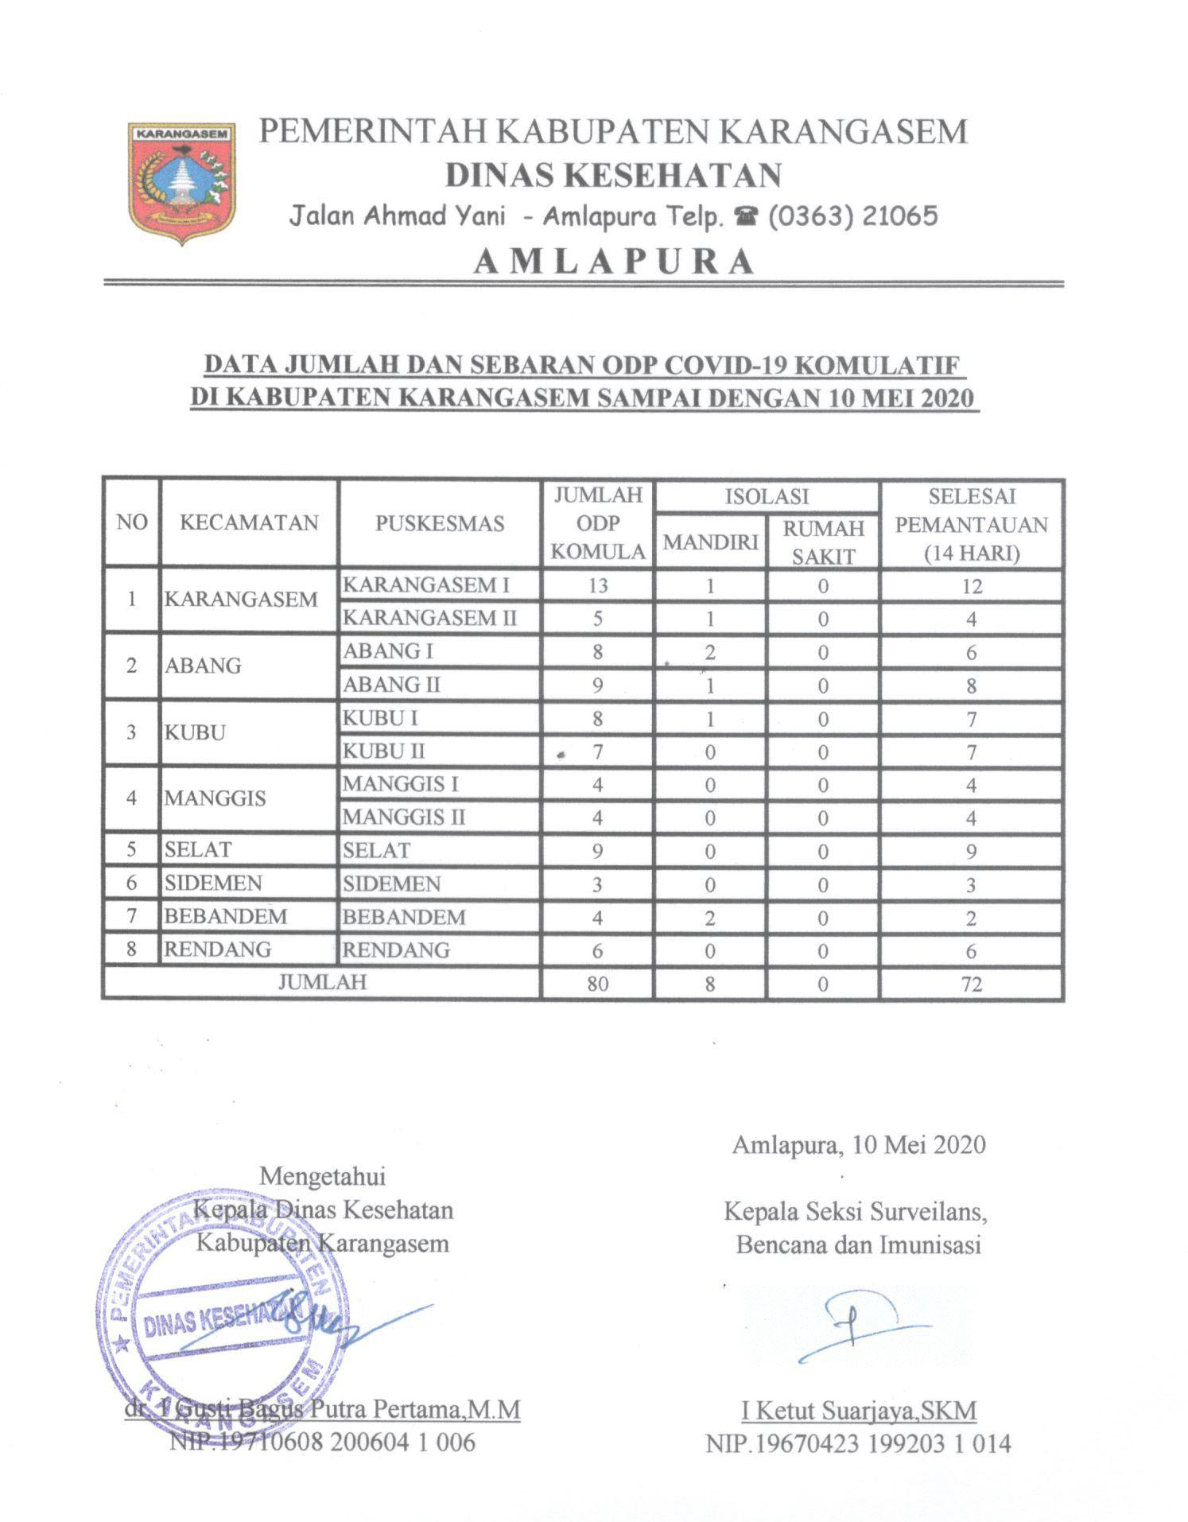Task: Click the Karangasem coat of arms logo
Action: click(182, 181)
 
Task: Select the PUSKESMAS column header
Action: click(439, 523)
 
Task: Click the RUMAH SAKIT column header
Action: click(823, 542)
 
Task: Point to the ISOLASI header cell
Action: click(767, 496)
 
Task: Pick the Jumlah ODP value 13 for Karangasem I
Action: click(597, 585)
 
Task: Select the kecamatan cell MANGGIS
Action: click(215, 798)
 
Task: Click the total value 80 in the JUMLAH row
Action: click(597, 984)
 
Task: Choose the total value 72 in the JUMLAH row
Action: click(971, 984)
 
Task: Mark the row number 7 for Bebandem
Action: click(131, 916)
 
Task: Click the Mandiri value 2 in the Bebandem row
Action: click(709, 918)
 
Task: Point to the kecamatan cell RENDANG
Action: click(218, 949)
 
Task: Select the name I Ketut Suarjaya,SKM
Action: click(859, 1411)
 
